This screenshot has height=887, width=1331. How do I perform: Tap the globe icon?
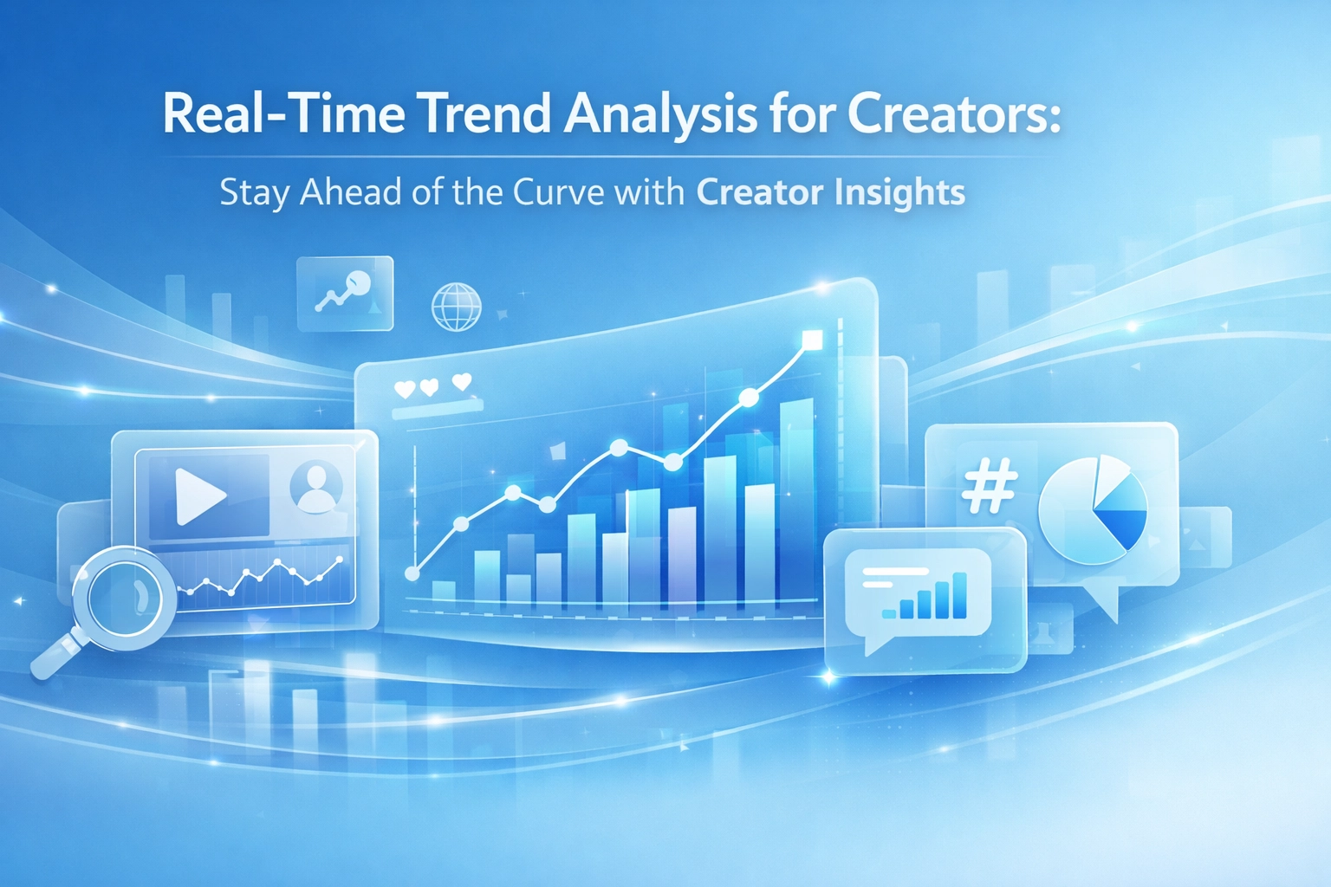pos(456,307)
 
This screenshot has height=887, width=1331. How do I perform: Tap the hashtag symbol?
pos(990,485)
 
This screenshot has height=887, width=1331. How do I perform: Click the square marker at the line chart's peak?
pos(812,340)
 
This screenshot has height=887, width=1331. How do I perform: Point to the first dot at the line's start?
pos(412,573)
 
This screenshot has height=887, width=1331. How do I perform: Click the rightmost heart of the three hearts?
pos(462,381)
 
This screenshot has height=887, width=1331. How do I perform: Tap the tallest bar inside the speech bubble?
pos(959,595)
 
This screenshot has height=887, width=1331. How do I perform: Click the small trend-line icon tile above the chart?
pos(345,294)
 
